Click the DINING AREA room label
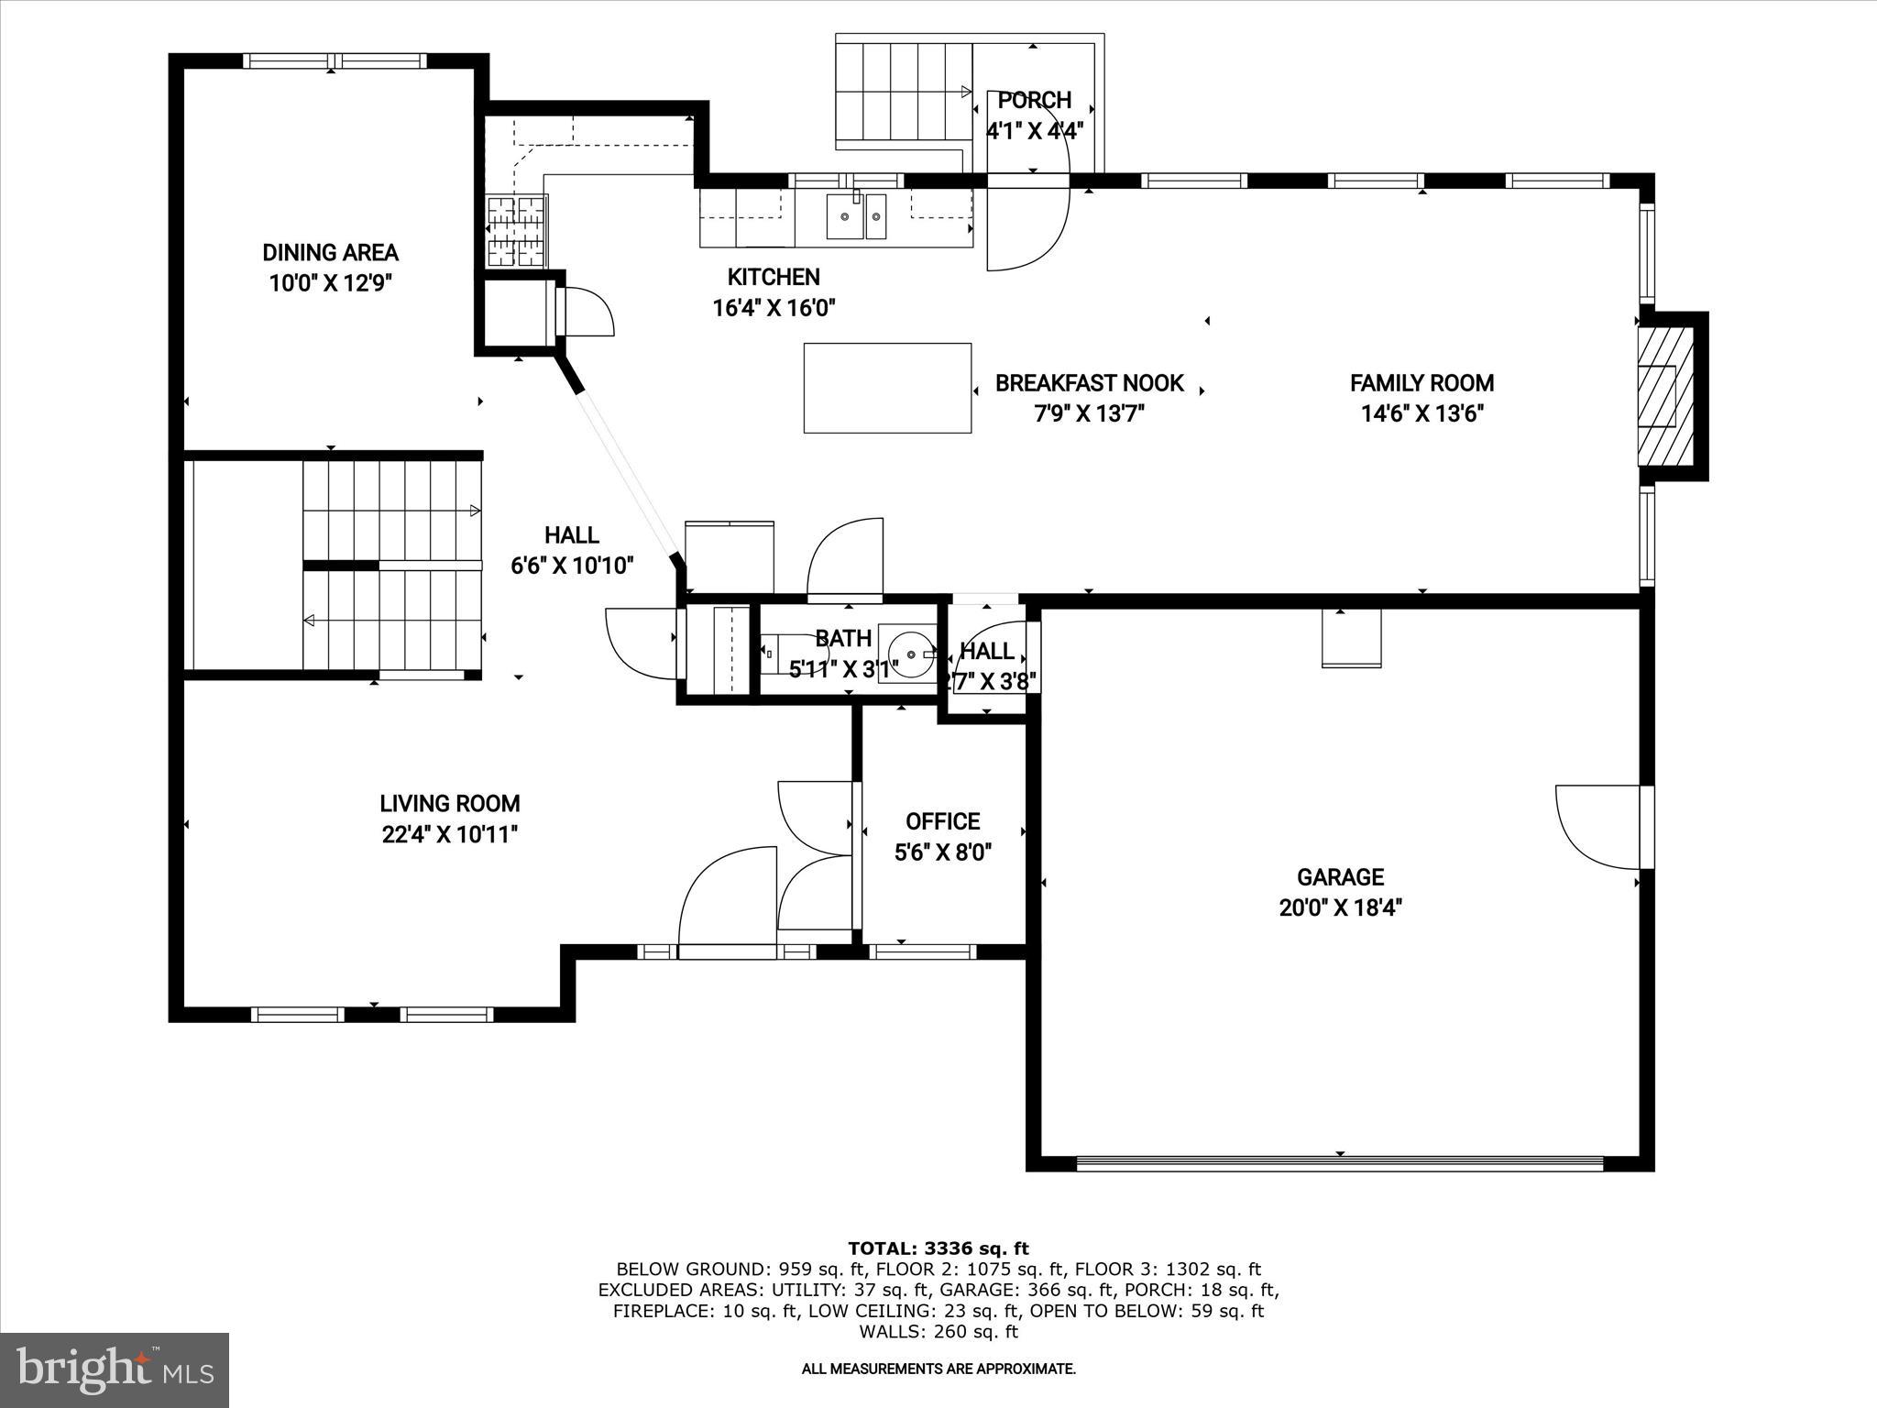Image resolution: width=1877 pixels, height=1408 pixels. [330, 252]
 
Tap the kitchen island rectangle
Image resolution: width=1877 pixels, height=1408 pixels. [887, 388]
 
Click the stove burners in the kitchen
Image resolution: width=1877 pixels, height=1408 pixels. [516, 231]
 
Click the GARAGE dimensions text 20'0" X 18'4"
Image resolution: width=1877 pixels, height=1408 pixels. [1340, 908]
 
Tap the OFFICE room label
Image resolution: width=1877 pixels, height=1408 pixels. [942, 821]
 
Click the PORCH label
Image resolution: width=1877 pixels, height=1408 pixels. [1034, 100]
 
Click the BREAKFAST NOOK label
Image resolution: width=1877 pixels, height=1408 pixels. [1089, 383]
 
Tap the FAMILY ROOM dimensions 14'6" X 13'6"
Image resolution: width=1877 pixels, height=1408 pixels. [1421, 414]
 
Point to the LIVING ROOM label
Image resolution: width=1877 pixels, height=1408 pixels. [449, 804]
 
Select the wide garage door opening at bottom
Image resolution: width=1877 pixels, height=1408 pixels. [1339, 1163]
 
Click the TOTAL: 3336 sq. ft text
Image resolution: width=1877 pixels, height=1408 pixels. [938, 1248]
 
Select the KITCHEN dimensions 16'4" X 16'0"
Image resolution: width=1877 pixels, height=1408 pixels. [774, 308]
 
